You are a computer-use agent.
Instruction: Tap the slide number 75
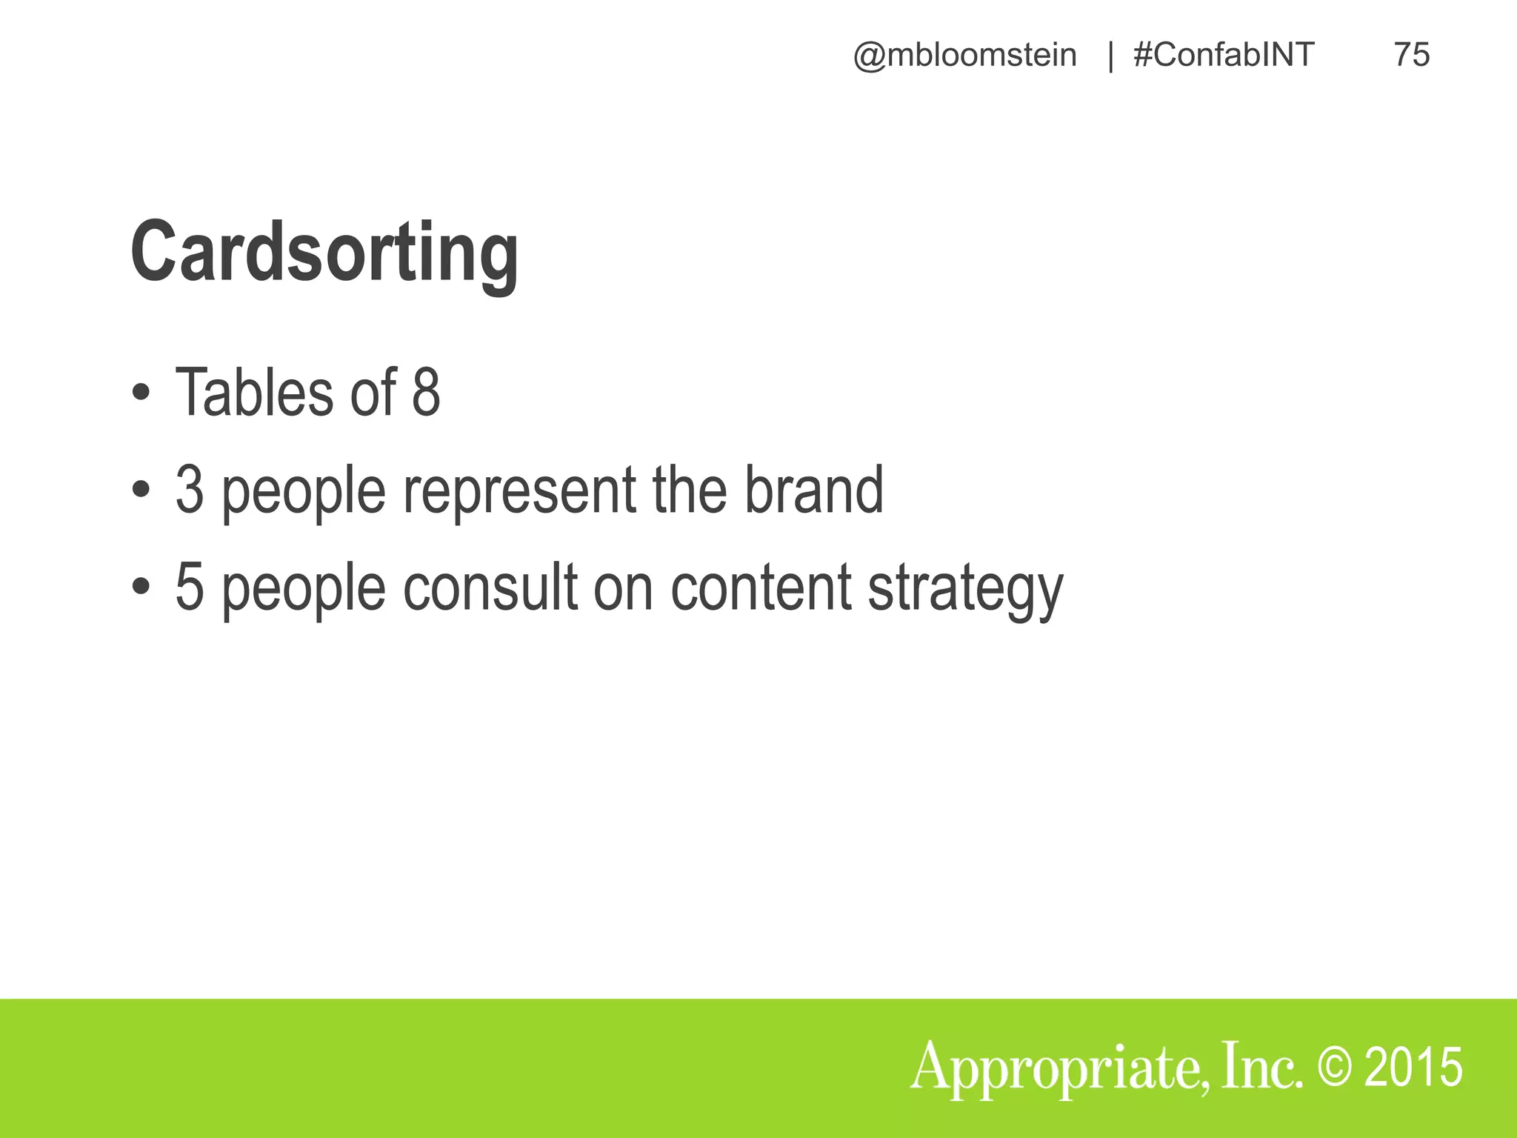tap(1411, 55)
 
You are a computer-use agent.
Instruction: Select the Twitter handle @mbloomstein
tap(964, 55)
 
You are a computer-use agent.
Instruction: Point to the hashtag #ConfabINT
tap(1224, 55)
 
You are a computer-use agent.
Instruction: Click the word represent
tap(519, 490)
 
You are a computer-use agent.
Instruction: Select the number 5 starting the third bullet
tap(190, 587)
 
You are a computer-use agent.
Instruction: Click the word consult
tap(490, 587)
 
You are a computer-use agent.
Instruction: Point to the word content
tap(761, 587)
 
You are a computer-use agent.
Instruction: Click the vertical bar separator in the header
tap(1110, 56)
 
